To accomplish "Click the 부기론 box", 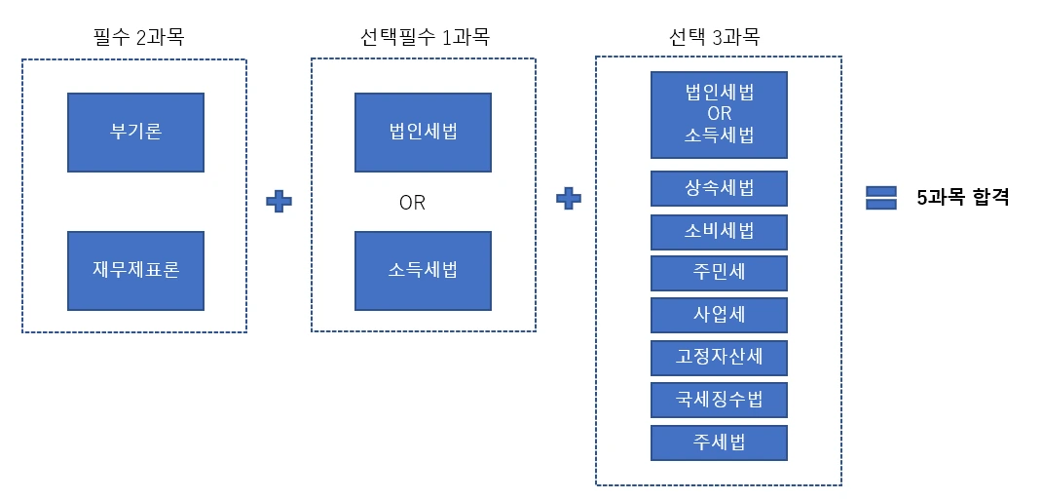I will [x=135, y=133].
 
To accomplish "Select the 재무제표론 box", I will [x=135, y=270].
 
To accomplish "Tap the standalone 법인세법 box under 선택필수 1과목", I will [x=422, y=133].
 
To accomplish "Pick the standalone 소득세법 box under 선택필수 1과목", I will [x=422, y=270].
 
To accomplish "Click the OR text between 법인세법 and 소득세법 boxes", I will [x=412, y=204].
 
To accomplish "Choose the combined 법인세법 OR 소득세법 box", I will [x=719, y=114].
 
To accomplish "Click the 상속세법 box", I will [x=719, y=189].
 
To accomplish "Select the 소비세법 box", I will [x=719, y=232].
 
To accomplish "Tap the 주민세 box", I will [x=719, y=273].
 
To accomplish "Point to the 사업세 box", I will [x=719, y=315].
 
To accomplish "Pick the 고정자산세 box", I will [x=719, y=358].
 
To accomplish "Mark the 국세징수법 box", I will [x=719, y=400].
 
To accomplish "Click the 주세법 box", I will [x=719, y=442].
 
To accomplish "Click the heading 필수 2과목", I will [x=134, y=39].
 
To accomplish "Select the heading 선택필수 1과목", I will [x=423, y=39].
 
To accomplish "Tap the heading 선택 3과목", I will [x=719, y=39].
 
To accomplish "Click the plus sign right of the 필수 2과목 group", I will [x=279, y=201].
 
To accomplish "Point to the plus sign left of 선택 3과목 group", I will [x=569, y=198].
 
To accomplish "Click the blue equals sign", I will [x=880, y=198].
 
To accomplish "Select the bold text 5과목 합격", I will [x=962, y=198].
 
